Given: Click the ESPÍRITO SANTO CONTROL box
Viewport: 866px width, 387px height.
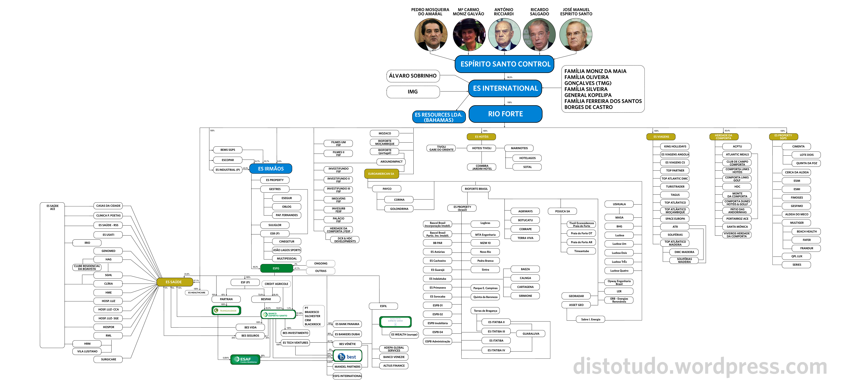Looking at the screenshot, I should [505, 64].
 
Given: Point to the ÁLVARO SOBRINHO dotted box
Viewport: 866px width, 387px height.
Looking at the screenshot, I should [413, 76].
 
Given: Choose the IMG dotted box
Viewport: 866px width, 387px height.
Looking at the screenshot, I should [413, 91].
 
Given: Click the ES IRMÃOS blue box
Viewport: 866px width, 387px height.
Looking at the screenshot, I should [271, 169].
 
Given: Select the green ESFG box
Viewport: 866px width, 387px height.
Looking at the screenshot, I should [276, 268].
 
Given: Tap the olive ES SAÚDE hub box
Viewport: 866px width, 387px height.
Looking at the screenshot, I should [174, 282].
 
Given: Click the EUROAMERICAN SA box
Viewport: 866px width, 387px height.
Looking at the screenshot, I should [381, 174].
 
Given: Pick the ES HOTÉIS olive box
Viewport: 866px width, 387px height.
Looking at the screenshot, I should [481, 137].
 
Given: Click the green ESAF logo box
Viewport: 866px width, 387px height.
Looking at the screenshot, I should [245, 359].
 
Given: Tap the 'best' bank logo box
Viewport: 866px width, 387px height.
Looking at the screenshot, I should [347, 356].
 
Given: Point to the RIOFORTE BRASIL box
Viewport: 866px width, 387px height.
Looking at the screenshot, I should [476, 189].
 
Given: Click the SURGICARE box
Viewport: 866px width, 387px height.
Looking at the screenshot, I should [108, 359].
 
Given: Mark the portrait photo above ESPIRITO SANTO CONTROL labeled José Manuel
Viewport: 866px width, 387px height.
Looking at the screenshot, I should [576, 34].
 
